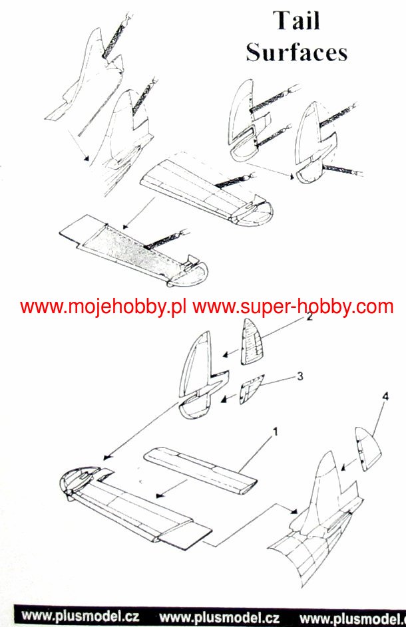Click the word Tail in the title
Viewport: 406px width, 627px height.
(296, 21)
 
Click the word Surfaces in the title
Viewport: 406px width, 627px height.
(296, 52)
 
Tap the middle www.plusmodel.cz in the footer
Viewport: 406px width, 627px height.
(220, 615)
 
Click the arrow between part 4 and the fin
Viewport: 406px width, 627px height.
(345, 465)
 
